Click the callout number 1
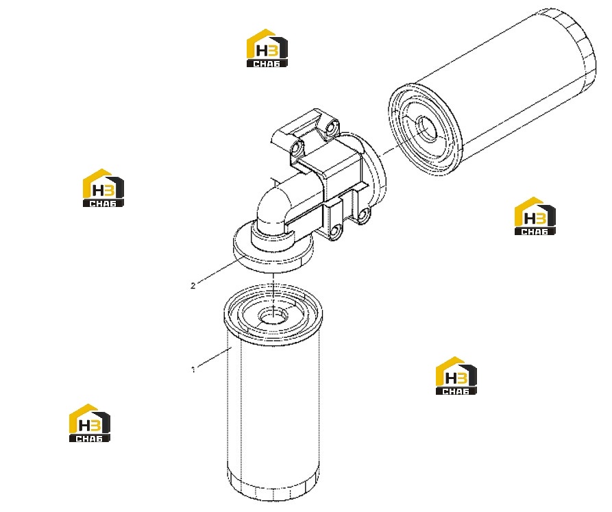coord(193,369)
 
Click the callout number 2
coord(193,286)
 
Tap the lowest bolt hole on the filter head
coord(335,232)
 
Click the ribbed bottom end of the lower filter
coord(273,486)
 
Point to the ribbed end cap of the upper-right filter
coord(576,47)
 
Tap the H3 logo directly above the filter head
coord(267,47)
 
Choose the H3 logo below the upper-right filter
coord(535,216)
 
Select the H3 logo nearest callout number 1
coord(89,423)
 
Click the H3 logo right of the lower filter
coord(456,376)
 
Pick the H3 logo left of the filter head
coord(103,188)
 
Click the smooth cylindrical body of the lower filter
coord(273,406)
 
